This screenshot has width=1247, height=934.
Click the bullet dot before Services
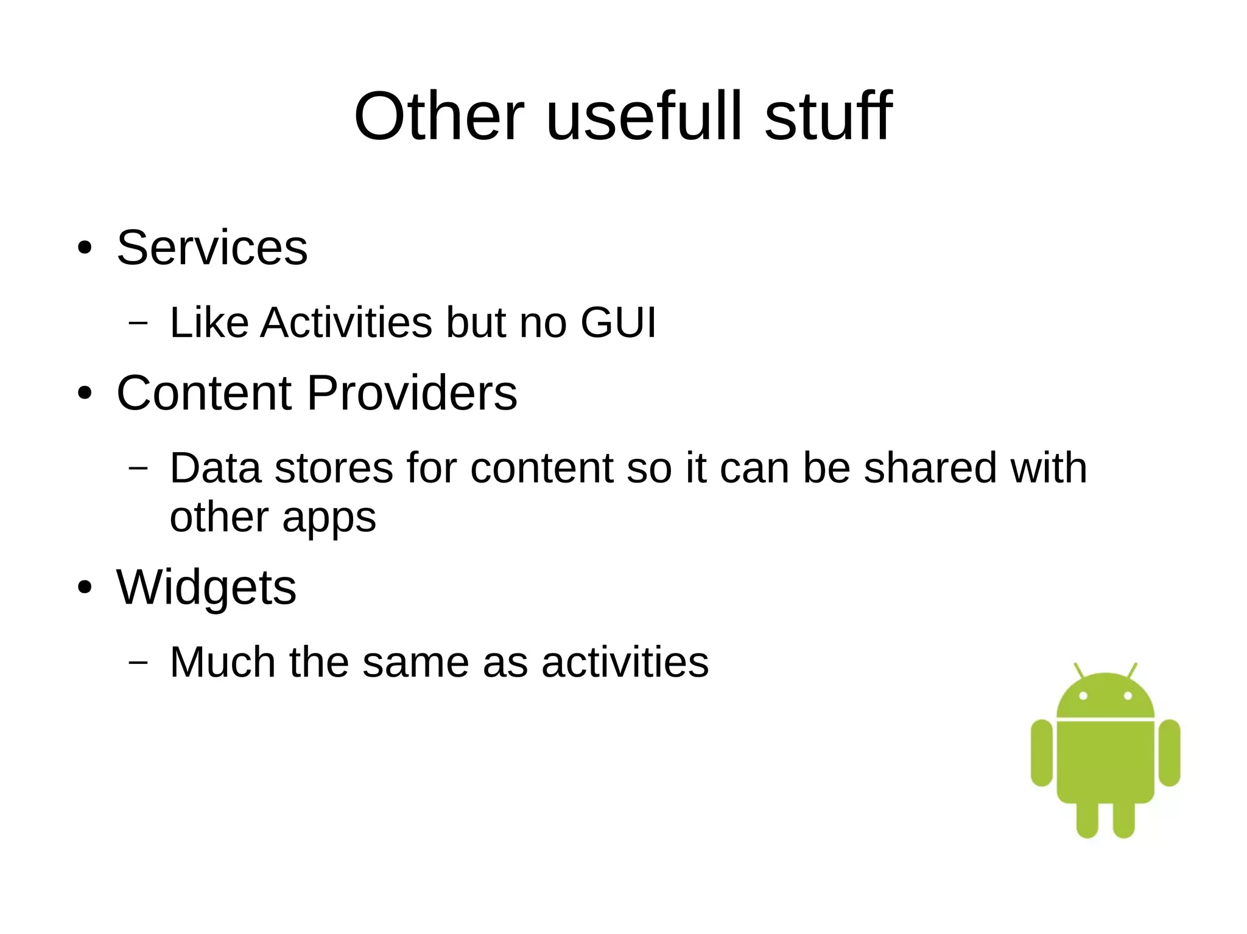point(85,248)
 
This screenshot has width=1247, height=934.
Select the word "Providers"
point(412,393)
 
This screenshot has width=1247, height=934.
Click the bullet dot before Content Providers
point(85,394)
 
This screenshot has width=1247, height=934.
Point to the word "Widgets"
point(206,588)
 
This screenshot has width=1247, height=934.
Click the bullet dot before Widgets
point(85,588)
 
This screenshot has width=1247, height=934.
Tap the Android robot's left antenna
point(1079,671)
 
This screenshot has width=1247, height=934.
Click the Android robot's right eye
point(1128,695)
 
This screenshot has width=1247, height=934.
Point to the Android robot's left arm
point(1042,753)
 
